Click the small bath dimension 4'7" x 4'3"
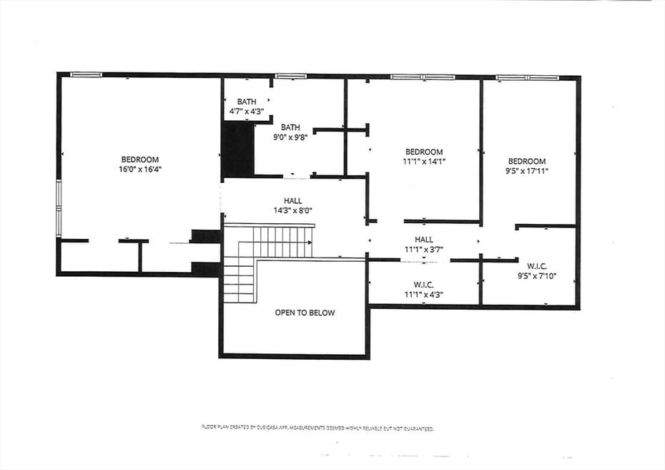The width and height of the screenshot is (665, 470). click(x=247, y=112)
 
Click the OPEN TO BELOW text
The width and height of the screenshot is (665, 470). click(x=305, y=313)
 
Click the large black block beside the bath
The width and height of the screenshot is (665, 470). click(x=238, y=148)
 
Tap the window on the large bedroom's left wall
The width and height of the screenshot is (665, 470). click(x=59, y=207)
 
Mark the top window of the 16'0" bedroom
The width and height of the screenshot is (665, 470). click(x=86, y=74)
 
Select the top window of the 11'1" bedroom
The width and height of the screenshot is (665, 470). click(x=423, y=77)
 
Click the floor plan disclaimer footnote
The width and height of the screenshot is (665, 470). click(x=317, y=428)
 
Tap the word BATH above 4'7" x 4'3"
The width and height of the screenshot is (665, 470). click(x=247, y=102)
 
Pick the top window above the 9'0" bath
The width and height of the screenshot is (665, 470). click(x=290, y=76)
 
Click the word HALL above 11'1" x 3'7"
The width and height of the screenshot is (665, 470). click(x=424, y=240)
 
